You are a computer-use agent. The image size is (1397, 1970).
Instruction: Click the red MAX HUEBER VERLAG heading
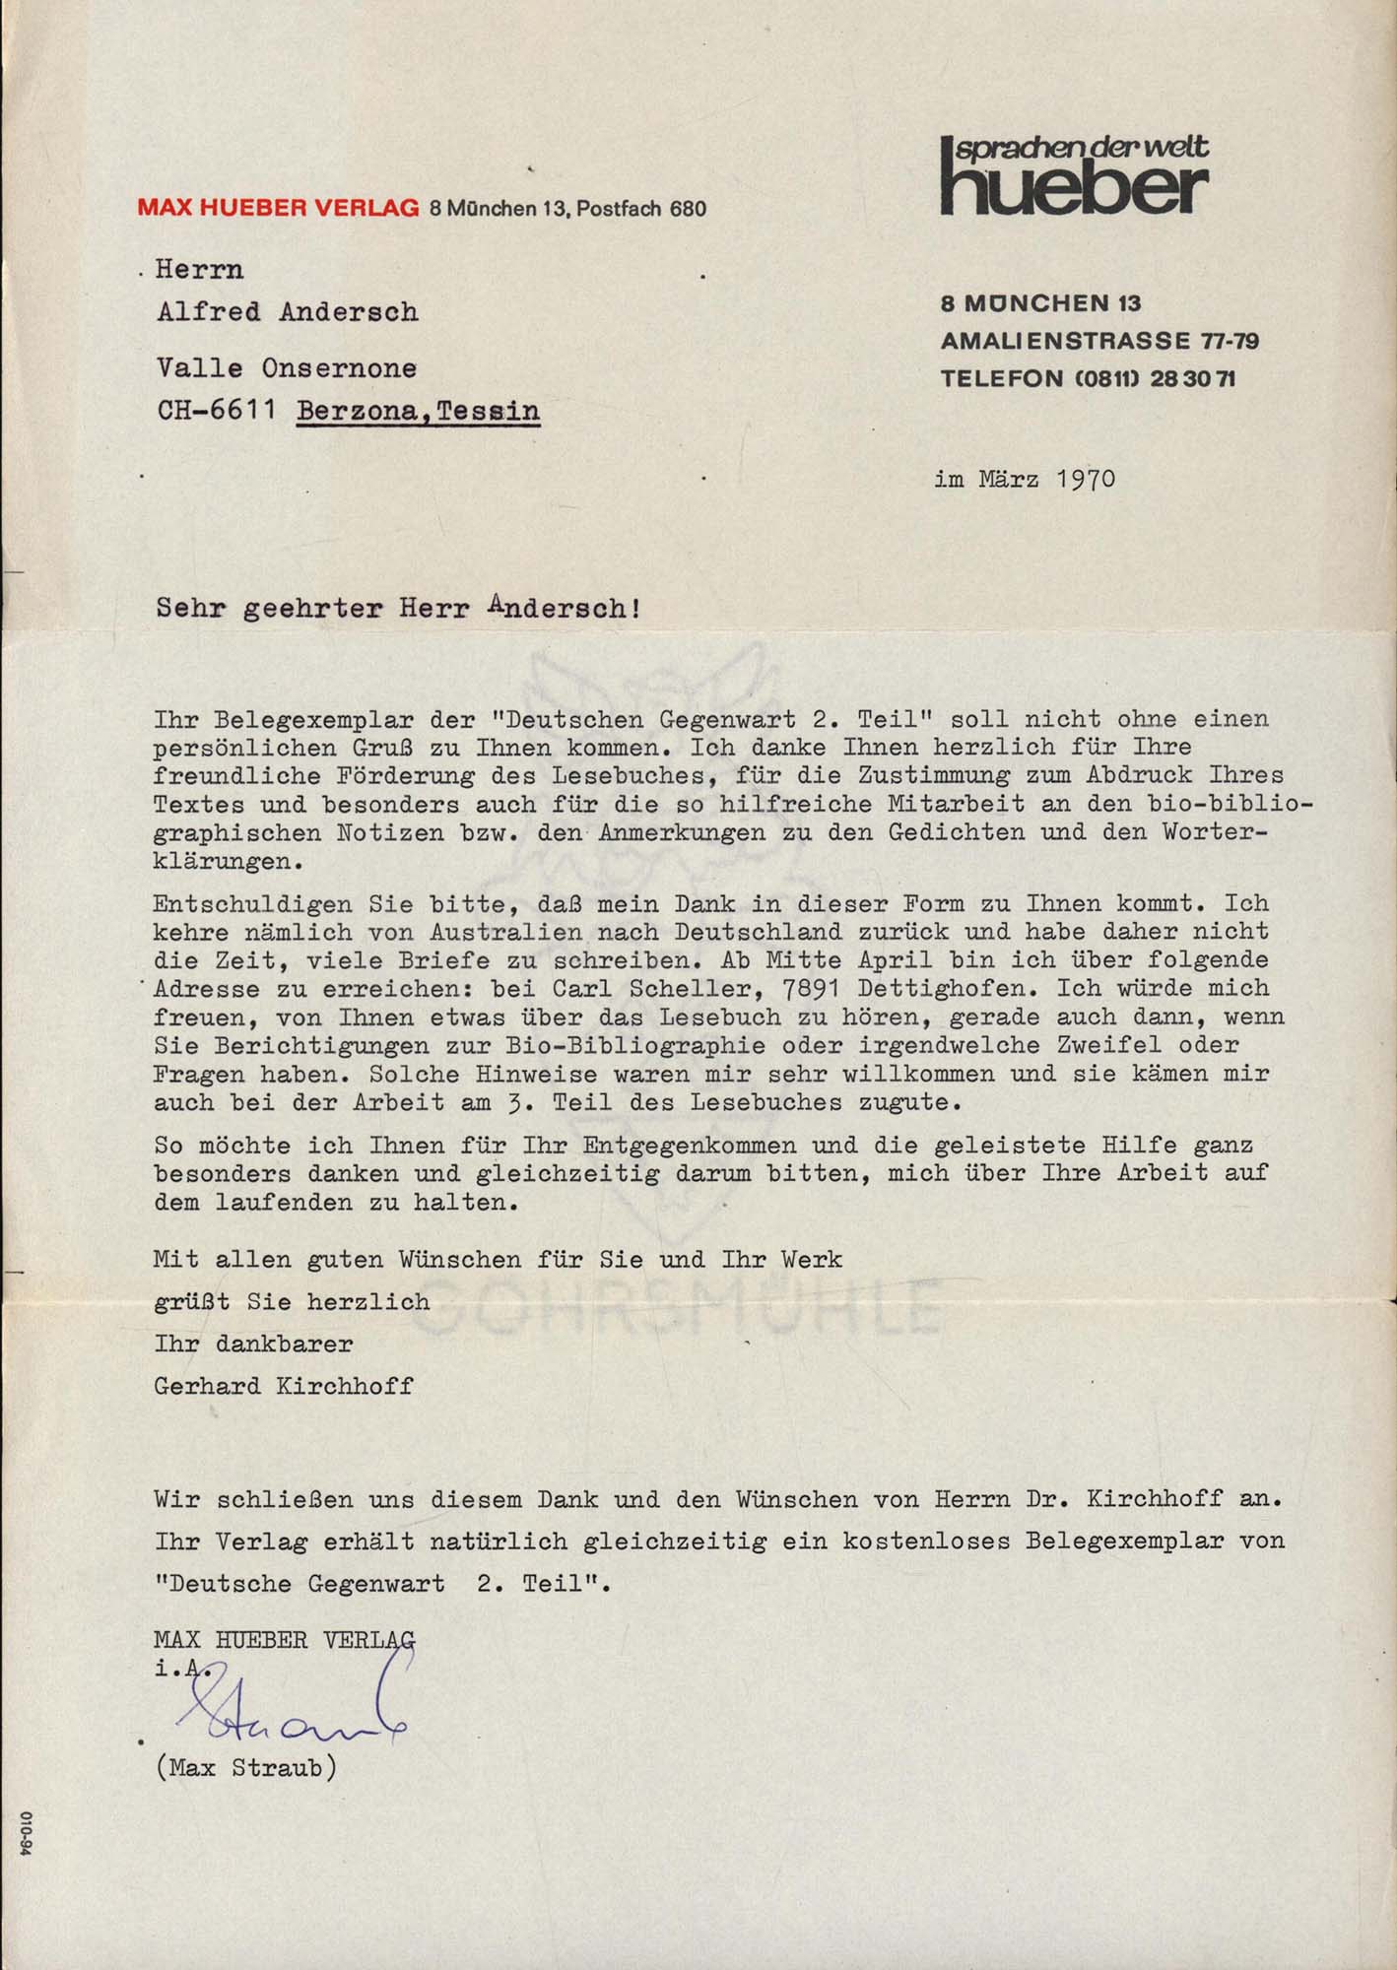[278, 208]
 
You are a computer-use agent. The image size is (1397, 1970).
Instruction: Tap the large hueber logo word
[1075, 189]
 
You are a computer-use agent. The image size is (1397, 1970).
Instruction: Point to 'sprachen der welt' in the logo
[1082, 148]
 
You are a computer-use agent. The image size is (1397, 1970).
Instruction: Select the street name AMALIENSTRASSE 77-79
[1099, 341]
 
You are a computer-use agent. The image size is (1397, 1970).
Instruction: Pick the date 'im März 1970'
[1025, 480]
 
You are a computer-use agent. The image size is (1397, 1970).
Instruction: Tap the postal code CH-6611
[216, 410]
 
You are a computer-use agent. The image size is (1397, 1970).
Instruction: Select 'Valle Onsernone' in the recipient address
[287, 367]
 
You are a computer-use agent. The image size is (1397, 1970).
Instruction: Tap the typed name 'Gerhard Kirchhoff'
[284, 1385]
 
